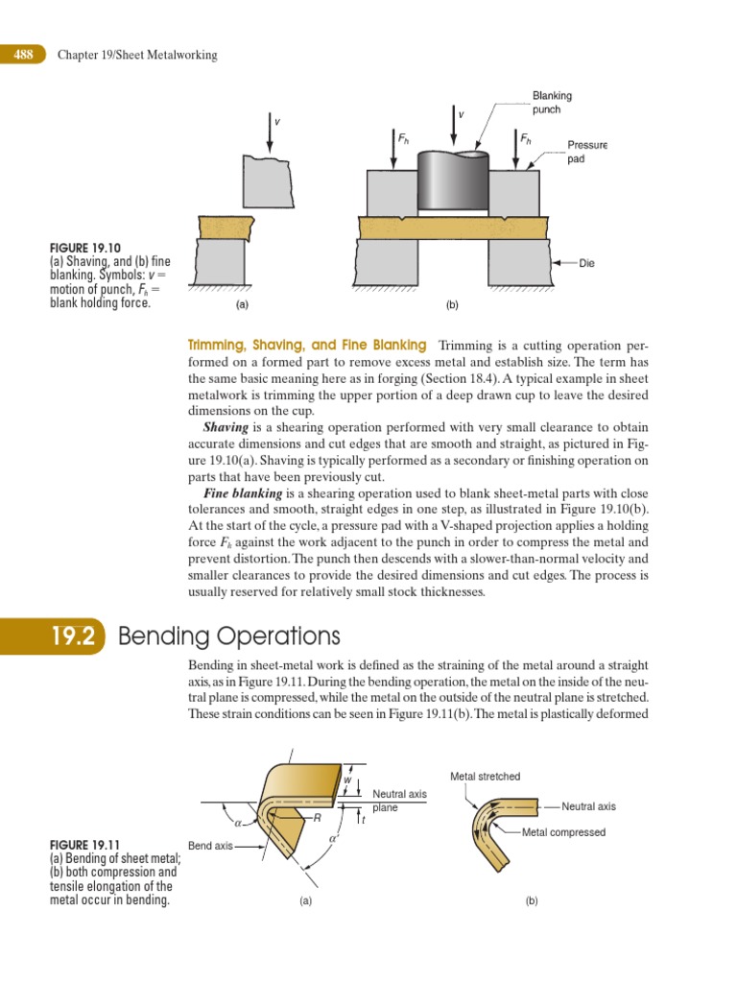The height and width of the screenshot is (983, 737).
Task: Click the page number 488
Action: tap(23, 55)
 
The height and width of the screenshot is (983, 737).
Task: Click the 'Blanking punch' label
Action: tap(552, 103)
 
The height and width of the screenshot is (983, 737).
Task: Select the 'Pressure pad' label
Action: tap(587, 152)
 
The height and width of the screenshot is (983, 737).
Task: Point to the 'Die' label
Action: tap(587, 262)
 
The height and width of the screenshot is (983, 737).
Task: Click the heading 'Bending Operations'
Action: tap(228, 636)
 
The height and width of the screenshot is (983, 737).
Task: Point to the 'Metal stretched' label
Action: tap(486, 777)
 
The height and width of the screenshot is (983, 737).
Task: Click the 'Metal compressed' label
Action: tap(563, 832)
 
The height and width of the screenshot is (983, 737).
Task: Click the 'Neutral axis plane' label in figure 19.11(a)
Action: tap(399, 801)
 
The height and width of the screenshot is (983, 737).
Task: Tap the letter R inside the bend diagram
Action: tap(316, 818)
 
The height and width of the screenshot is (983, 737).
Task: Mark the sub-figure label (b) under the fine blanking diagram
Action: tap(452, 305)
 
